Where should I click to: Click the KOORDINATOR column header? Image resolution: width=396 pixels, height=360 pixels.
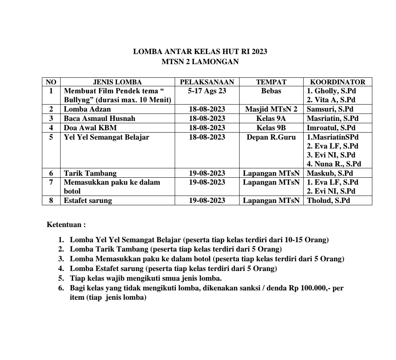[338, 82]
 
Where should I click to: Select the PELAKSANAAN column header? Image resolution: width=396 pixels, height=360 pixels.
[207, 82]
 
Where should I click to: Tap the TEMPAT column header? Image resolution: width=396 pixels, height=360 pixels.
[271, 82]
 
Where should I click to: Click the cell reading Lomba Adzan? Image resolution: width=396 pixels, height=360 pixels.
[87, 109]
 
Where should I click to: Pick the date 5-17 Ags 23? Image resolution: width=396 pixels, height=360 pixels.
[207, 91]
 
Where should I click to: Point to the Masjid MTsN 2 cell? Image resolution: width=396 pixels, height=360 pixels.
[271, 109]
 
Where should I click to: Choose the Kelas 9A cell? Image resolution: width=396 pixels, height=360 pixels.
[271, 119]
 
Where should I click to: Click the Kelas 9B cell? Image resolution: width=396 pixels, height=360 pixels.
[271, 128]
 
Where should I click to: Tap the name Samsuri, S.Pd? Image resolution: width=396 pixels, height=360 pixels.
[330, 109]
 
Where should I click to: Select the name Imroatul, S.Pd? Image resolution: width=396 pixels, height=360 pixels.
[332, 128]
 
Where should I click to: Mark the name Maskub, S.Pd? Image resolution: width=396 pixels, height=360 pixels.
[330, 173]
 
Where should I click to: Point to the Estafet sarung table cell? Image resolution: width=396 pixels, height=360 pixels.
[88, 201]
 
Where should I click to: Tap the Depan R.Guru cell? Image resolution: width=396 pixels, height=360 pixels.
[271, 137]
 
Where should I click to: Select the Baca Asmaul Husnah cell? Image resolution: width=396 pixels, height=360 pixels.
[99, 119]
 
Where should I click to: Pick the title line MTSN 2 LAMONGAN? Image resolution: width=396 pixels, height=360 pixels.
[200, 61]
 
